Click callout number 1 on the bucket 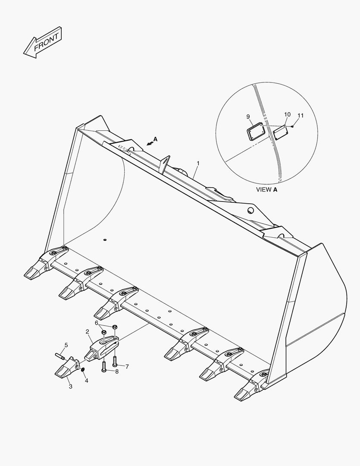click(198, 164)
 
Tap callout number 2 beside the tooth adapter click(88, 332)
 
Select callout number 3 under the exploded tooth click(86, 380)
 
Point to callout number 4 click(66, 345)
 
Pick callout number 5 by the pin click(97, 323)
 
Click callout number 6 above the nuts click(127, 366)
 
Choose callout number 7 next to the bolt click(116, 372)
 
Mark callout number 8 click(248, 116)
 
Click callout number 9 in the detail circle click(287, 114)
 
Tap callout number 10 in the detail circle click(301, 115)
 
